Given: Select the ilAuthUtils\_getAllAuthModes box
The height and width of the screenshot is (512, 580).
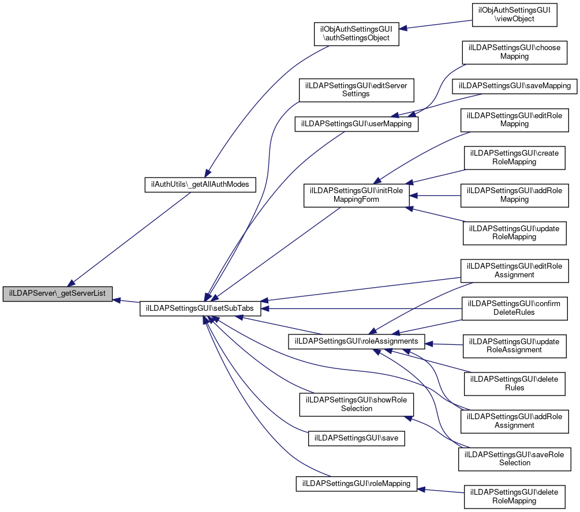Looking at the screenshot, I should coord(200,185).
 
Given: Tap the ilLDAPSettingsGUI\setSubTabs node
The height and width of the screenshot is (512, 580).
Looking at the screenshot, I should coord(201,308).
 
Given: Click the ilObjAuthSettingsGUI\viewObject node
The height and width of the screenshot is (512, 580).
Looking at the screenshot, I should coord(514,14).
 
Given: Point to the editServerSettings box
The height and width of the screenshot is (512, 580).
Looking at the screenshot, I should coord(356,89).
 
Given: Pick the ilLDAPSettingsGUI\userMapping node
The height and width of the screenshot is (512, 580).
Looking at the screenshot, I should coord(356,123).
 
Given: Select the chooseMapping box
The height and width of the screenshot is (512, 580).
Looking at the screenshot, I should coord(514,52).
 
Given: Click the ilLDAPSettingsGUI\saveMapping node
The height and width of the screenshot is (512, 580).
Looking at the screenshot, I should coord(514,86).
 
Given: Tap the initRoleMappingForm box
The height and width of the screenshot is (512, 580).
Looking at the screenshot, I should coord(356,195).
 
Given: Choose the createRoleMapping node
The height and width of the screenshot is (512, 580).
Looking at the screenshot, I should coord(514,157).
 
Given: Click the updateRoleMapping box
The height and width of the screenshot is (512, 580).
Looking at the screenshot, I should coord(514,232).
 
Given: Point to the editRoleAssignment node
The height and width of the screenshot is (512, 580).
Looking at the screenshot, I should coord(514,270).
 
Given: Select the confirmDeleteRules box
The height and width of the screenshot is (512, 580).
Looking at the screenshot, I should coord(514,308).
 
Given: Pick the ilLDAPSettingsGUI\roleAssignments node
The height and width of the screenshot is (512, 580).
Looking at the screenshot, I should coord(356,341).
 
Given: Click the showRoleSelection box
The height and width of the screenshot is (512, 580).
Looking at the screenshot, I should coord(356,404).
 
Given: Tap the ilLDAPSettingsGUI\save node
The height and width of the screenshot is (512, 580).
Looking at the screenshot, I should coord(356,439).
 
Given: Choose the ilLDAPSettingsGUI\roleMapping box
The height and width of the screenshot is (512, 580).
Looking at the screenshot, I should coord(356,483).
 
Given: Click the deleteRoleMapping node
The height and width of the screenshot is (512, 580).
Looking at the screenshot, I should coord(514,496).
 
